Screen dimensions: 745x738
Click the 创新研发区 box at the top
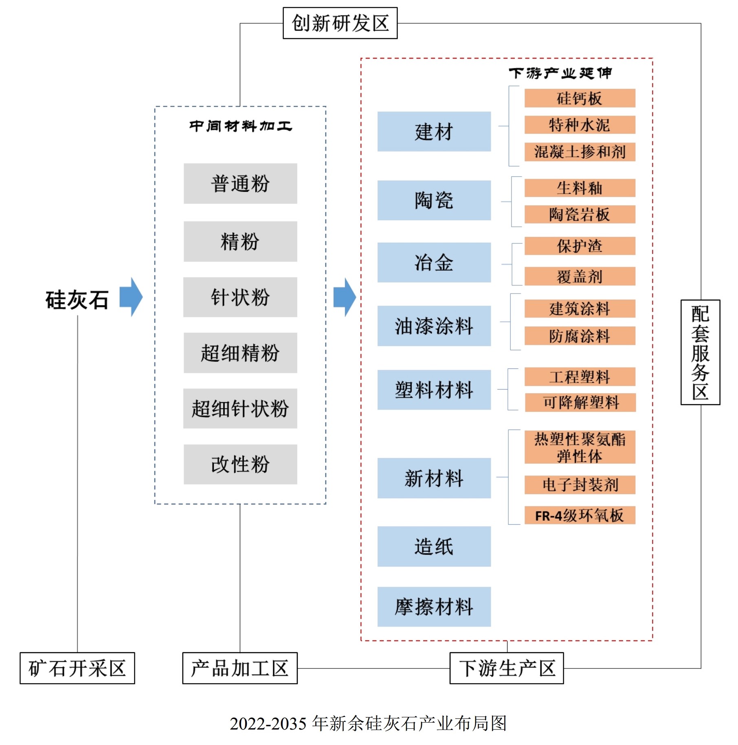[340, 23]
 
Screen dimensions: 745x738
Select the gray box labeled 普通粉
[240, 184]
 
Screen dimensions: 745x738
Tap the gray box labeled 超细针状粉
[240, 408]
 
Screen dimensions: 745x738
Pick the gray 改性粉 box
[240, 464]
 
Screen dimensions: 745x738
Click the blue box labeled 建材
[434, 131]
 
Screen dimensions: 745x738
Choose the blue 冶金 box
[434, 263]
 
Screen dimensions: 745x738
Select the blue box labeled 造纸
[434, 546]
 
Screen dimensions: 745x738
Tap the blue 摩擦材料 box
[434, 607]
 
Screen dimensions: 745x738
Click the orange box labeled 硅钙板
[580, 98]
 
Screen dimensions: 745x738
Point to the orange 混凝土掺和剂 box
[580, 152]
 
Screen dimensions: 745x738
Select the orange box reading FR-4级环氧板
[580, 515]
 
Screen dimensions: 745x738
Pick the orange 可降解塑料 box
[580, 402]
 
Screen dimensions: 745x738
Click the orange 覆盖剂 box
[580, 276]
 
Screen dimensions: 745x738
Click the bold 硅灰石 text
[77, 300]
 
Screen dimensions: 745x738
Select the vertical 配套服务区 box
[700, 352]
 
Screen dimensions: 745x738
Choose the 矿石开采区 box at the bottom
[77, 668]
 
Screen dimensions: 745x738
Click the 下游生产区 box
[507, 668]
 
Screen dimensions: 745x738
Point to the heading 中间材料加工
[240, 126]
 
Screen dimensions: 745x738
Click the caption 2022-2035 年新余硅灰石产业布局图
[368, 723]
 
